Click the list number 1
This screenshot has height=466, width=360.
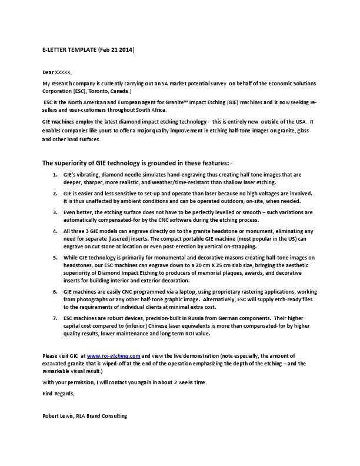pos(55,175)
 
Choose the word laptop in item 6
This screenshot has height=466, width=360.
pos(179,292)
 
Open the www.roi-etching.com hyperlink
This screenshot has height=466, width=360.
pos(114,356)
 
